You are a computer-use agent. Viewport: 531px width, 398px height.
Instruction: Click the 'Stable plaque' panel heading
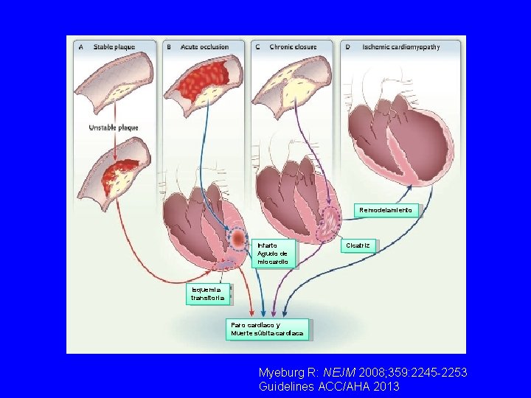tap(114, 47)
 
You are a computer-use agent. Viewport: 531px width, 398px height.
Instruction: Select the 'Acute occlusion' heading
tap(204, 47)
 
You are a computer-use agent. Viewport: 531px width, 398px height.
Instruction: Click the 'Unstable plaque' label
tap(114, 128)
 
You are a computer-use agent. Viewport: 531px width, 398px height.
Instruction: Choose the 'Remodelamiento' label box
tap(388, 210)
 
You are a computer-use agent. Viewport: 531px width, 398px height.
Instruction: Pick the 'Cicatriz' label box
tap(358, 245)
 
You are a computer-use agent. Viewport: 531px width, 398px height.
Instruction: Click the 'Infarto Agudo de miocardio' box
tap(274, 253)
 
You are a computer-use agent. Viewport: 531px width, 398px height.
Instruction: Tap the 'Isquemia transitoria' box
tap(207, 294)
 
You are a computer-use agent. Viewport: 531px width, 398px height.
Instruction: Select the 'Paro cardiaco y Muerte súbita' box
tap(267, 329)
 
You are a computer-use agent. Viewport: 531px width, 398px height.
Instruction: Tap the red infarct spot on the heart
tap(238, 238)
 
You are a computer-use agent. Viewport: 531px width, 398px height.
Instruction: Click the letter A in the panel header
tap(80, 47)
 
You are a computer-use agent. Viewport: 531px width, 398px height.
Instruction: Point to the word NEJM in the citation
tap(336, 374)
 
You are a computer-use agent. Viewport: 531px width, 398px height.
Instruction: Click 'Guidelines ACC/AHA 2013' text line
tap(329, 386)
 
